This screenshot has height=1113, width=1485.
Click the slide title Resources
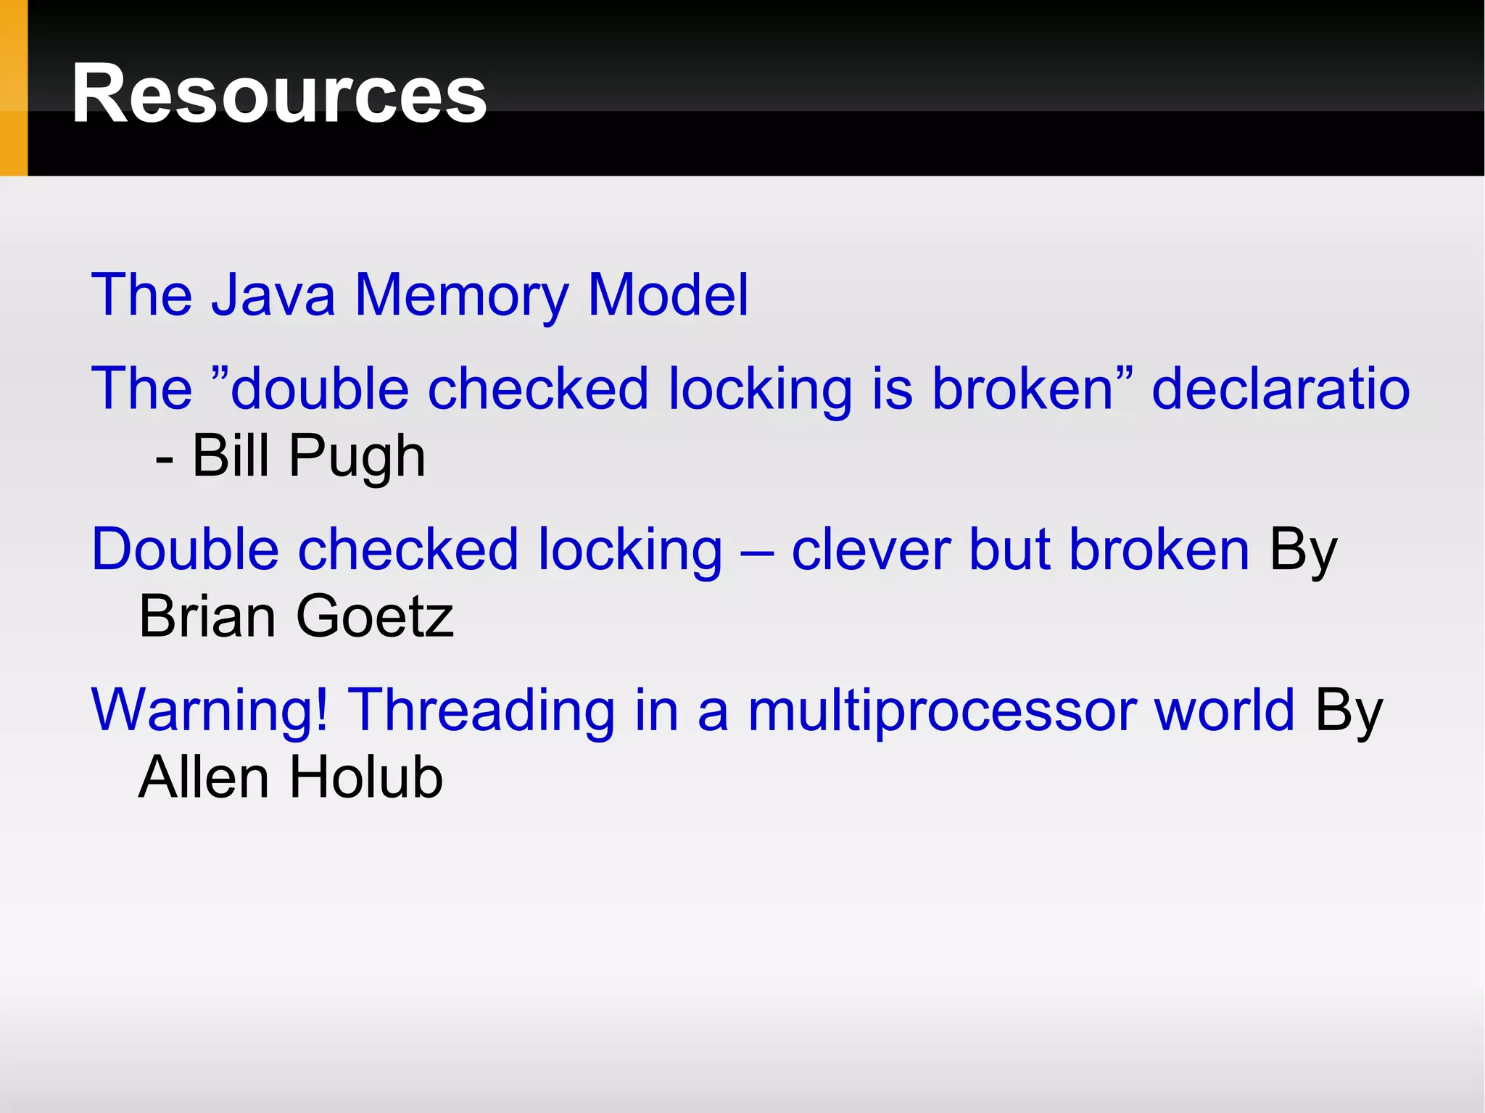pyautogui.click(x=279, y=94)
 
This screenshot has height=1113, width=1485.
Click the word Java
pyautogui.click(x=273, y=294)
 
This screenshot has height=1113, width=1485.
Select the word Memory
pyautogui.click(x=461, y=294)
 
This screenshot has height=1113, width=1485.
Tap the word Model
pyautogui.click(x=668, y=294)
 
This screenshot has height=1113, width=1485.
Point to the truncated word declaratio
pyautogui.click(x=1281, y=389)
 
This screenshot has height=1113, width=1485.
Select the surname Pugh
pyautogui.click(x=357, y=458)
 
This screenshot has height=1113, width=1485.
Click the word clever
pyautogui.click(x=870, y=550)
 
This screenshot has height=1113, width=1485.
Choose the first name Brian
pyautogui.click(x=207, y=616)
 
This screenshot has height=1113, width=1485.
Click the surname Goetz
pyautogui.click(x=375, y=616)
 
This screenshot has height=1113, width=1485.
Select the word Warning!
pyautogui.click(x=210, y=711)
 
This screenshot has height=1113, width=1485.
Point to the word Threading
pyautogui.click(x=481, y=711)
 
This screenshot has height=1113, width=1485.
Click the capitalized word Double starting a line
pyautogui.click(x=185, y=550)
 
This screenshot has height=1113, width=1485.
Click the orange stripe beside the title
pyautogui.click(x=13, y=88)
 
